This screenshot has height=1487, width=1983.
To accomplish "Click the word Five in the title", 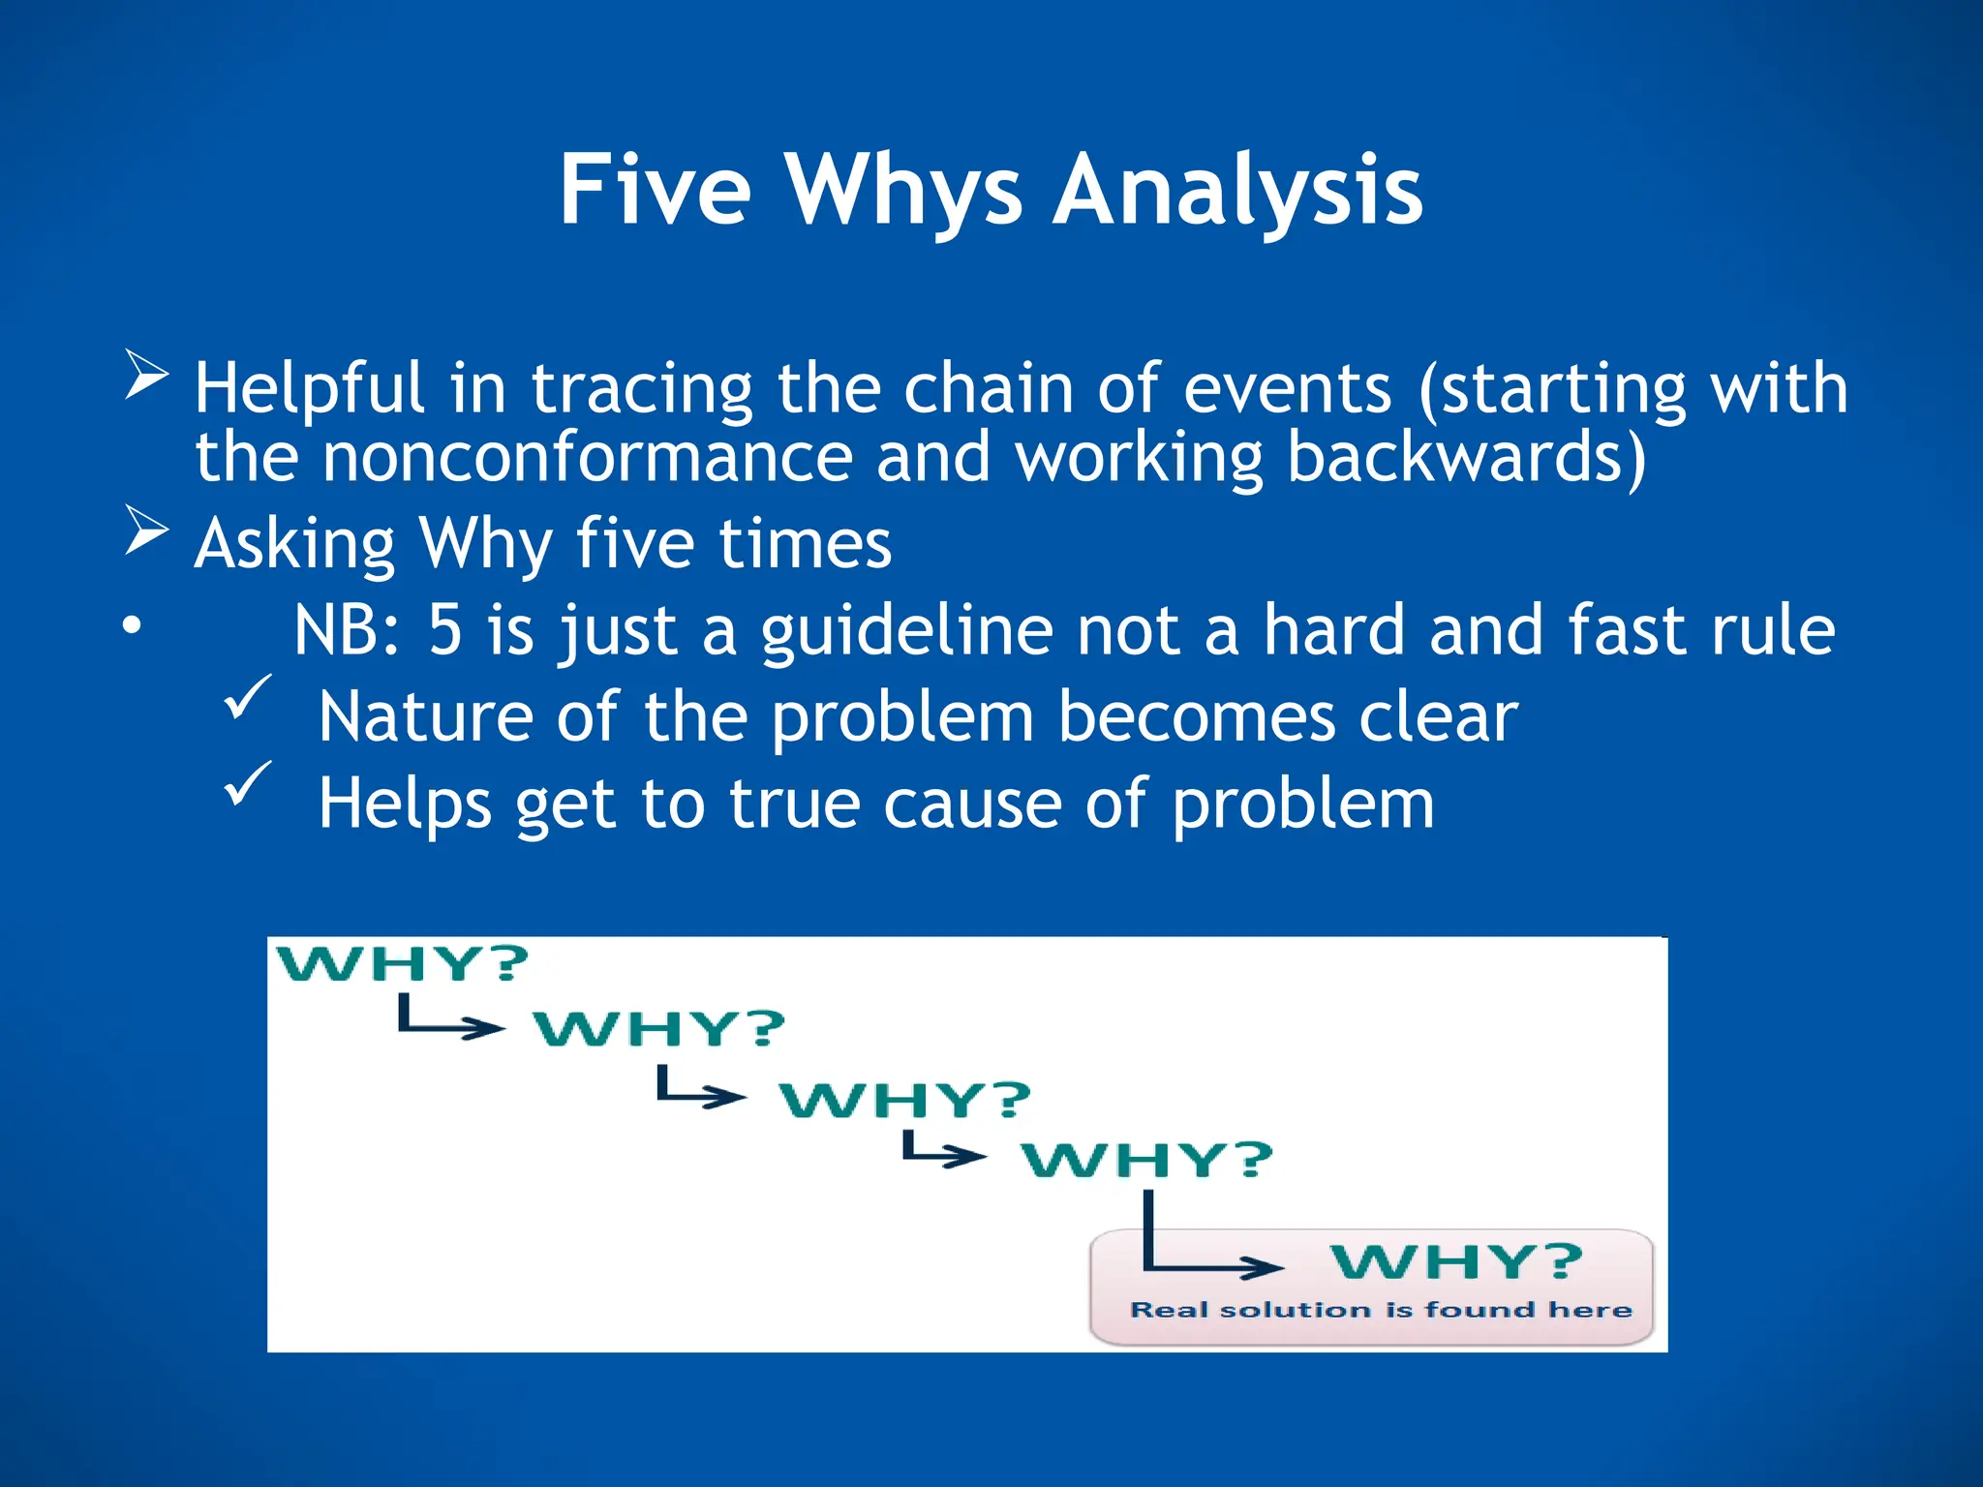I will pyautogui.click(x=656, y=191).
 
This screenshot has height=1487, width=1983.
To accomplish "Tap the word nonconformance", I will pyautogui.click(x=587, y=458).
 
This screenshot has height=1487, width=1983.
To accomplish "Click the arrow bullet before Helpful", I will pyautogui.click(x=146, y=376).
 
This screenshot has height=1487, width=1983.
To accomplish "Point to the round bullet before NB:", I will pyautogui.click(x=131, y=626).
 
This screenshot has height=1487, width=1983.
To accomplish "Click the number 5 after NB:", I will pyautogui.click(x=444, y=630).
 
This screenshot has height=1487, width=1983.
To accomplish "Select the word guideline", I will pyautogui.click(x=906, y=632).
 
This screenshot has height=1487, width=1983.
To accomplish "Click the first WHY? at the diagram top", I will pyautogui.click(x=403, y=964).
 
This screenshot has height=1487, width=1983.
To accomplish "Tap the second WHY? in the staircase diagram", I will pyautogui.click(x=659, y=1028).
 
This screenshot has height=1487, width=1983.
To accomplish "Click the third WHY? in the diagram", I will pyautogui.click(x=905, y=1101).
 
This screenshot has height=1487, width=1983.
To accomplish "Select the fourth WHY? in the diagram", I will pyautogui.click(x=1146, y=1160).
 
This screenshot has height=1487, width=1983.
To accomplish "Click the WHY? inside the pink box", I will pyautogui.click(x=1456, y=1262).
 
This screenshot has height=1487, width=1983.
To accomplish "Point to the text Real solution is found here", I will pyautogui.click(x=1381, y=1311).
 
